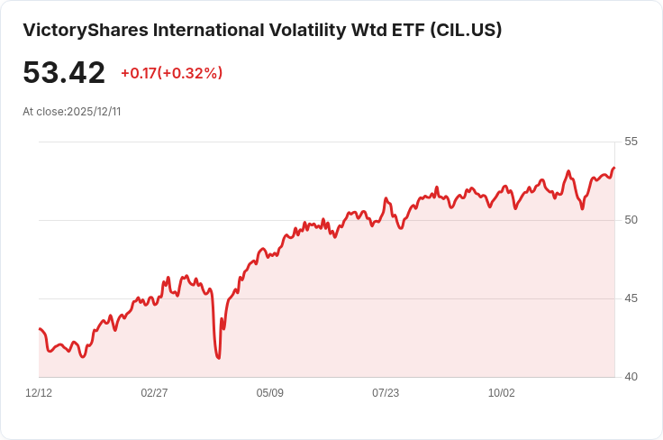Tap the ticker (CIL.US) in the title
click(x=465, y=30)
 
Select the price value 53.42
click(x=64, y=73)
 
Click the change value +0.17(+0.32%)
click(x=171, y=73)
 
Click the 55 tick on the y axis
click(x=631, y=142)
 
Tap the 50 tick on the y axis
click(x=631, y=220)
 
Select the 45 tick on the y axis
click(x=631, y=298)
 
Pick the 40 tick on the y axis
click(x=631, y=377)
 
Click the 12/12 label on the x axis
click(x=39, y=393)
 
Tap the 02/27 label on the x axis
click(x=155, y=393)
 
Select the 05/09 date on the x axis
click(x=270, y=393)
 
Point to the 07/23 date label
click(x=386, y=393)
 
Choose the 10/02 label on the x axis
click(x=502, y=393)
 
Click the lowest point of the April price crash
click(x=219, y=358)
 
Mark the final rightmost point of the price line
click(x=614, y=168)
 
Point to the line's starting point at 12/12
click(x=39, y=329)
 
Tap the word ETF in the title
click(x=405, y=30)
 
